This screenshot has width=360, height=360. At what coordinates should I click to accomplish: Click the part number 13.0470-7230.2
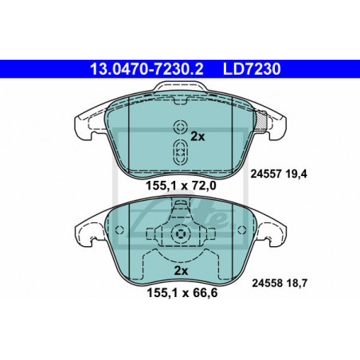(x=147, y=69)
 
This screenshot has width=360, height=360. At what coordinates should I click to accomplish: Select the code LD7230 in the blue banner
(x=252, y=69)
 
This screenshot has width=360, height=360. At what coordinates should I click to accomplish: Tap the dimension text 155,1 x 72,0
(x=181, y=186)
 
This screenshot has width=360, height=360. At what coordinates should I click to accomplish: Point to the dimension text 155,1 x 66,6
(x=182, y=293)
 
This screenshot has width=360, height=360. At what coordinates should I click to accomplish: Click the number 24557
(x=266, y=174)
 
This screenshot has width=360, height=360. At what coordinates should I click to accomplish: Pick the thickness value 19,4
(x=296, y=174)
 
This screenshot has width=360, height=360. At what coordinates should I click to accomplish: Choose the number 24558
(x=267, y=284)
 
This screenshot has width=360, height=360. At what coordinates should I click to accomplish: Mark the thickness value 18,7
(x=297, y=284)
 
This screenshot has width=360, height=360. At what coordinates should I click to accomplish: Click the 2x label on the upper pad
(x=198, y=137)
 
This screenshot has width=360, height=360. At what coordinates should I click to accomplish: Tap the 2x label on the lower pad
(x=181, y=271)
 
